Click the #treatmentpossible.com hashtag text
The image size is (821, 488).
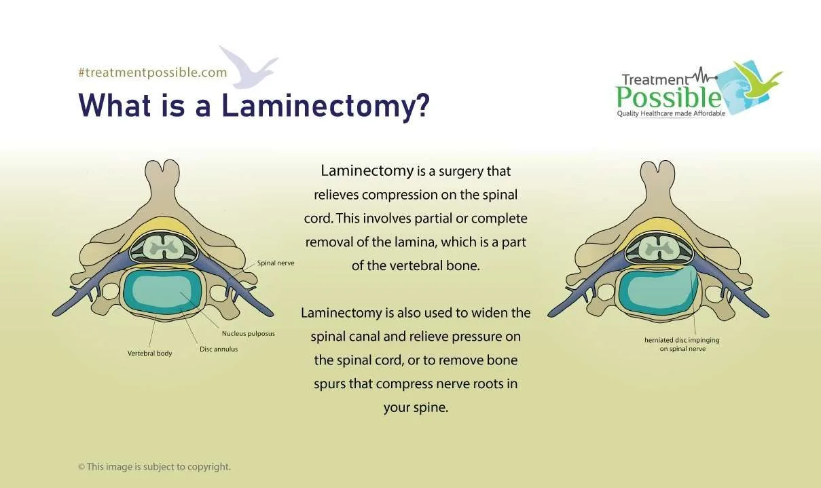tap(152, 73)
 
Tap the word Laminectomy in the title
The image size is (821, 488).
tap(325, 105)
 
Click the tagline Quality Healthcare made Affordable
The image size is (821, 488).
tap(670, 113)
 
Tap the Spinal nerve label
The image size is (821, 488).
tap(275, 263)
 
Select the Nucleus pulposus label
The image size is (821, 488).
tap(248, 334)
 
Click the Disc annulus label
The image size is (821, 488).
tap(219, 350)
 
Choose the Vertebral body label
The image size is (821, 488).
tap(149, 354)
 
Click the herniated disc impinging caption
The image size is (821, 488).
tap(681, 344)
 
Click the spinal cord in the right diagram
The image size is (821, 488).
tap(658, 248)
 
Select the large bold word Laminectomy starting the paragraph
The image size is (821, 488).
tap(367, 171)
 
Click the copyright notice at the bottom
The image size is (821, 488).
tap(154, 467)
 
